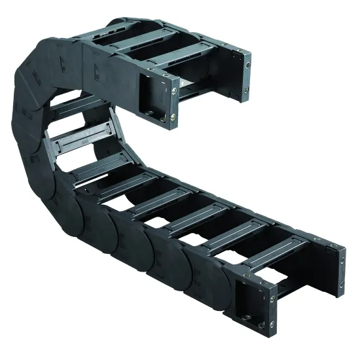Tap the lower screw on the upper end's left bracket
tap(173, 118)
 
